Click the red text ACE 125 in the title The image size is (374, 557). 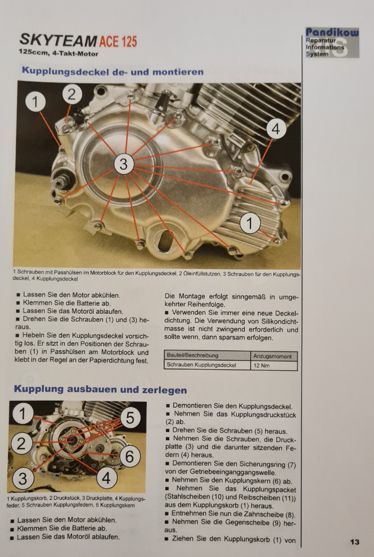(118, 42)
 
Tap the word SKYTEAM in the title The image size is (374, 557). (58, 41)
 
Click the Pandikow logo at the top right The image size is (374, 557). (332, 42)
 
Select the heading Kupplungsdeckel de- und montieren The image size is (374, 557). (113, 72)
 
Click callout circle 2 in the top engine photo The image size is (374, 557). (73, 94)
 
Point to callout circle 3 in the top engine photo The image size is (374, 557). (124, 164)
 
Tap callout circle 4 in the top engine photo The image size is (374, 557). (276, 129)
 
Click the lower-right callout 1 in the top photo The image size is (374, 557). (250, 223)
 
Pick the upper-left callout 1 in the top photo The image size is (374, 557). (35, 102)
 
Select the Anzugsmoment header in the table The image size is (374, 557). (273, 356)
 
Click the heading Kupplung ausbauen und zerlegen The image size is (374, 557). (101, 389)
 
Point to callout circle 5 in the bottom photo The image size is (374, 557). (130, 418)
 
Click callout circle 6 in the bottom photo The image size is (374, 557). (130, 456)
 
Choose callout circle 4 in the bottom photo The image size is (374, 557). (106, 478)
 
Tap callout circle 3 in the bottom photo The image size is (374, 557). (22, 479)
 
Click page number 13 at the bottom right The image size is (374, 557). (355, 542)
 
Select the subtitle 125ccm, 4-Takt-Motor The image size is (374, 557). (58, 53)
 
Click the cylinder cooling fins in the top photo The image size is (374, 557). (245, 106)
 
